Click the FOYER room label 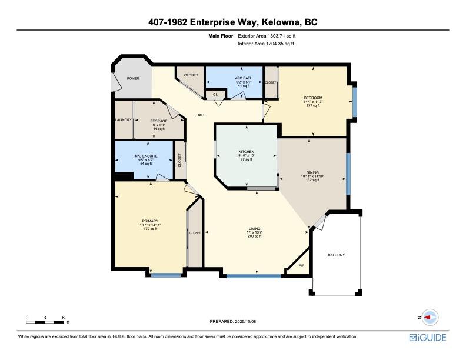(133, 78)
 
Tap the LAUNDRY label (124, 120)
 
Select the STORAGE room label (159, 121)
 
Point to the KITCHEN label (247, 152)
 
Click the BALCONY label (337, 255)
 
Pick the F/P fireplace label (301, 265)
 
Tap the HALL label (201, 115)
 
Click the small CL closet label (215, 95)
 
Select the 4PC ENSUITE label (146, 156)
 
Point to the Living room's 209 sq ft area (255, 236)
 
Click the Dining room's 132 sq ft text (312, 179)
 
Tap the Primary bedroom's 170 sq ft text (151, 229)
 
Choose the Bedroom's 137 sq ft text (313, 105)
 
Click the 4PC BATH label (244, 78)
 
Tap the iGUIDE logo (428, 338)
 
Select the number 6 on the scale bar (63, 318)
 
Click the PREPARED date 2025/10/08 (245, 321)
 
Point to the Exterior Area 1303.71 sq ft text (267, 36)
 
